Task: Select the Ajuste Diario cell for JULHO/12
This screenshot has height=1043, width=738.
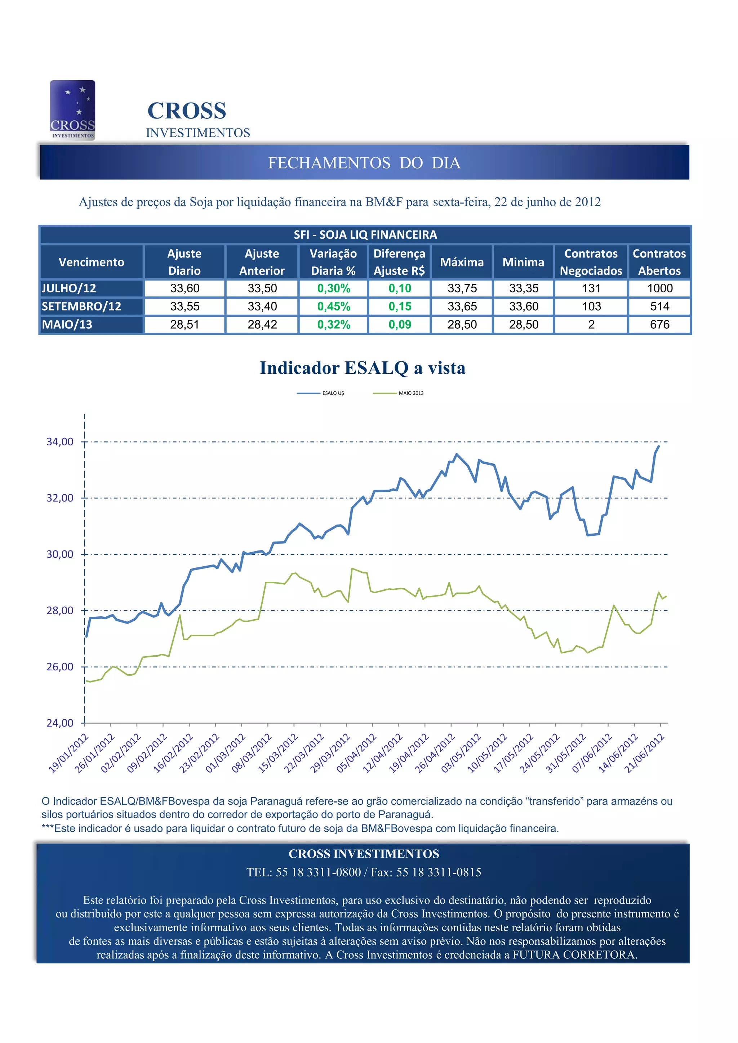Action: tap(184, 288)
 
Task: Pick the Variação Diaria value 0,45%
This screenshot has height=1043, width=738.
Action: tap(333, 307)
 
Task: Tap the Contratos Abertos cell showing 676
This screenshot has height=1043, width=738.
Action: tap(659, 324)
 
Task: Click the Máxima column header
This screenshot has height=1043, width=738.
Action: tap(462, 262)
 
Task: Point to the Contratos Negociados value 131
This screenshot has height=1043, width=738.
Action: tap(591, 288)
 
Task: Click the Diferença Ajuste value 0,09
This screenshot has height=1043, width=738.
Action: tap(399, 324)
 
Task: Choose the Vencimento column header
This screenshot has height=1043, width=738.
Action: tap(92, 262)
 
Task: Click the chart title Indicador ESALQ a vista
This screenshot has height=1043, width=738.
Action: tap(363, 368)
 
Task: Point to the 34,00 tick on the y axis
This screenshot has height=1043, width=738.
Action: tap(60, 441)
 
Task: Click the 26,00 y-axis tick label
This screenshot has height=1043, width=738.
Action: tap(60, 666)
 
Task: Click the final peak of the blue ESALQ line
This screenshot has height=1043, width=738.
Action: tap(658, 446)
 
